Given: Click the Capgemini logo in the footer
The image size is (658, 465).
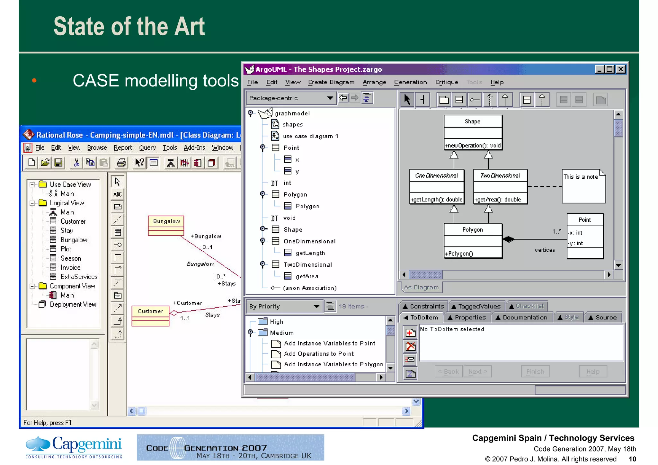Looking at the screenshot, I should (x=74, y=447).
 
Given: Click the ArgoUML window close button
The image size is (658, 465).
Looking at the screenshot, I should (x=621, y=69).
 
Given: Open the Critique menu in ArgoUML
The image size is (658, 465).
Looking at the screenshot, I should (x=446, y=82).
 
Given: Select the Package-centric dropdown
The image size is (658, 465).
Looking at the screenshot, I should (x=290, y=98).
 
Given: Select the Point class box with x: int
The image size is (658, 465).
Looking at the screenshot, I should (x=585, y=236).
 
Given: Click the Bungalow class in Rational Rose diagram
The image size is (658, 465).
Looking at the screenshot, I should (x=166, y=225).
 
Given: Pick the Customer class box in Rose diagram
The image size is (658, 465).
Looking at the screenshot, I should (x=150, y=315).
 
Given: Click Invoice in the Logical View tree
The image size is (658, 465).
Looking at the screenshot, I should (x=70, y=267).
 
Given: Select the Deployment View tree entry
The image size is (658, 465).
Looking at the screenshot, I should (x=73, y=304).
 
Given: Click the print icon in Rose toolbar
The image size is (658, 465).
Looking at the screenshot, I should (x=121, y=163).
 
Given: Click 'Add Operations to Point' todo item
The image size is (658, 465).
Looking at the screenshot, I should (x=318, y=354).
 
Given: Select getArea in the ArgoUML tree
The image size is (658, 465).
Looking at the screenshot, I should (x=307, y=276).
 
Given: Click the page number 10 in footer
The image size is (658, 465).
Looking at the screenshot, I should (x=632, y=459).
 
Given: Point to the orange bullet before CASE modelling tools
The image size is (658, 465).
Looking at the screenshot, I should (x=34, y=80).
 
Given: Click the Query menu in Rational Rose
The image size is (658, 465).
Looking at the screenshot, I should (x=147, y=148).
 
